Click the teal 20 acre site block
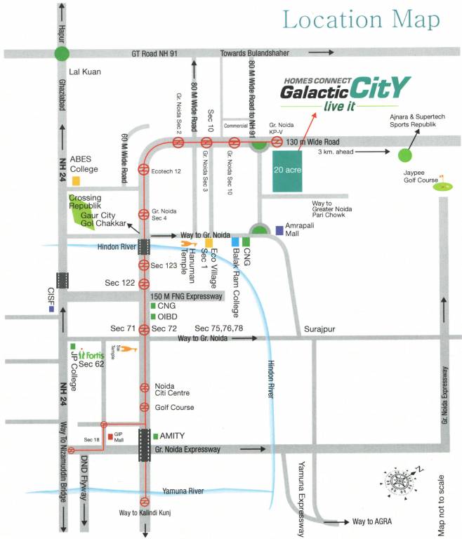click(x=289, y=171)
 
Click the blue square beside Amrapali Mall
click(x=279, y=229)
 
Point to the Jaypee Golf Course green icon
click(x=442, y=185)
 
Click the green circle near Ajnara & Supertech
click(x=404, y=154)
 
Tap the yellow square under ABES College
click(x=76, y=180)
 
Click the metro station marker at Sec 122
click(x=144, y=283)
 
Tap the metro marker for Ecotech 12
click(x=144, y=169)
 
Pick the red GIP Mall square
click(x=111, y=437)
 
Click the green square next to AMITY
click(x=155, y=436)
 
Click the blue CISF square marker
click(x=51, y=309)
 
